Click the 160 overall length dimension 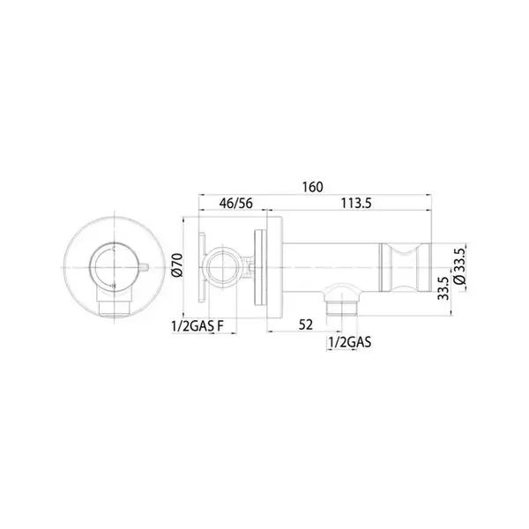[x=312, y=187]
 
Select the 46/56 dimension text [x=235, y=204]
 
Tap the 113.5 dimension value [x=356, y=204]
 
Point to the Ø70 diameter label [x=177, y=265]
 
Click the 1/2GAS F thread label [x=197, y=326]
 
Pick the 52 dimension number [x=306, y=324]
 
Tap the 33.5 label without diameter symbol [x=443, y=288]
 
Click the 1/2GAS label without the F [x=350, y=342]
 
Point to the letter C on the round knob [x=114, y=250]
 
